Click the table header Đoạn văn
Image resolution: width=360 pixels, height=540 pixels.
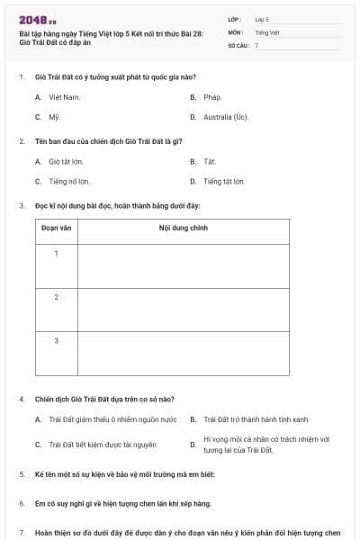pos(56,229)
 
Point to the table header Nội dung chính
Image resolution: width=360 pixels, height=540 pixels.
pos(183,229)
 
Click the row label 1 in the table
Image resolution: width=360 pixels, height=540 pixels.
pos(56,253)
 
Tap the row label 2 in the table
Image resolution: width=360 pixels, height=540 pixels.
pos(56,296)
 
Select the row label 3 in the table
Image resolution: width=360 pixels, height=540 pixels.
pos(56,340)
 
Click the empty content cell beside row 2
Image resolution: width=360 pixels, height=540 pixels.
pos(183,310)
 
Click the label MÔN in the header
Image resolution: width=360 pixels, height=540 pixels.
pos(235,31)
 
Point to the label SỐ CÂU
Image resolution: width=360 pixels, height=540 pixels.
pos(238,44)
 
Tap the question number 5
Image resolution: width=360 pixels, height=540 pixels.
pos(22,473)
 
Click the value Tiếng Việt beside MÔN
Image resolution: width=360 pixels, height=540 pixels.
pos(267,31)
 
